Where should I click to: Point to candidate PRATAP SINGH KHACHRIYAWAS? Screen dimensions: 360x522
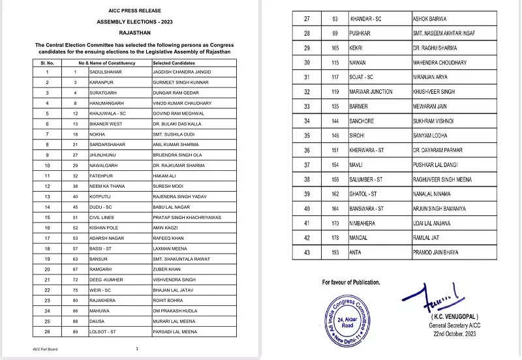click(x=181, y=217)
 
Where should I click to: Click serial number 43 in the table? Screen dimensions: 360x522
click(x=306, y=251)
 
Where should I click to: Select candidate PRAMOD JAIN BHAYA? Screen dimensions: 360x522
click(x=444, y=251)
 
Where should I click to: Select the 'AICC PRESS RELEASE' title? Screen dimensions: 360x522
click(x=136, y=11)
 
